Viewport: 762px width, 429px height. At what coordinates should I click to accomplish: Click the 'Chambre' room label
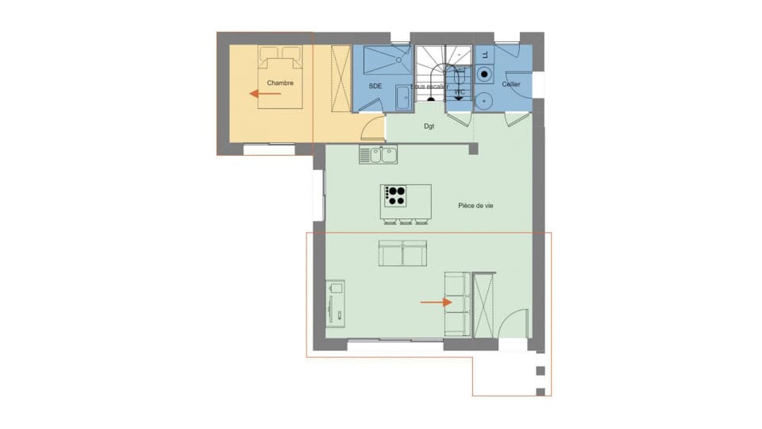click(280, 83)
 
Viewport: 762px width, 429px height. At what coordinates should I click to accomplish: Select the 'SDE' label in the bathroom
click(376, 85)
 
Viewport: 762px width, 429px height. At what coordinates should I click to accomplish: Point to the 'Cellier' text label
click(511, 83)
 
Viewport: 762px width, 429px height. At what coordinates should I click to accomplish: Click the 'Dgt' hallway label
click(429, 126)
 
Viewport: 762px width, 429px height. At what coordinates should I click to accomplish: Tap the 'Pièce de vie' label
click(476, 206)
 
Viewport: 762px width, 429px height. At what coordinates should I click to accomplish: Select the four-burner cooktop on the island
click(394, 194)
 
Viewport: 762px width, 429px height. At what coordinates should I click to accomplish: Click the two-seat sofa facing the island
click(402, 253)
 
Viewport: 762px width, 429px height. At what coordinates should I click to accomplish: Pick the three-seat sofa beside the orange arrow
click(456, 303)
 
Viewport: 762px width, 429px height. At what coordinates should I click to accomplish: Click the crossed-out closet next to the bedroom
click(341, 79)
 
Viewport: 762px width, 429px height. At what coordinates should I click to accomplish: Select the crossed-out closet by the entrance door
click(483, 304)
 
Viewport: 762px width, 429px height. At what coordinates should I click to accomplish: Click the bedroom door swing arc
click(371, 126)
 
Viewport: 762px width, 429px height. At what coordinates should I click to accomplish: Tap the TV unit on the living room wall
click(335, 303)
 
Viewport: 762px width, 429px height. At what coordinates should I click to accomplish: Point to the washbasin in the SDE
click(402, 99)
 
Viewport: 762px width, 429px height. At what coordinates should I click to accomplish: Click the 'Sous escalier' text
click(429, 87)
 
